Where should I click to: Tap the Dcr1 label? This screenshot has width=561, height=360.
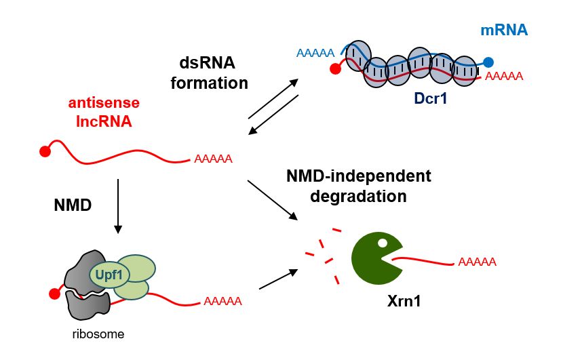click(433, 99)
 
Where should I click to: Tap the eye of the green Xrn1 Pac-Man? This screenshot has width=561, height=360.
click(383, 242)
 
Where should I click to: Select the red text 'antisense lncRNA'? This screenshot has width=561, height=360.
click(104, 113)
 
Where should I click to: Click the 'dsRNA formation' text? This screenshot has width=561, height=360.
click(205, 73)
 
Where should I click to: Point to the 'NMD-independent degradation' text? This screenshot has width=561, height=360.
click(358, 186)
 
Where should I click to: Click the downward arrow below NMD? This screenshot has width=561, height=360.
click(119, 206)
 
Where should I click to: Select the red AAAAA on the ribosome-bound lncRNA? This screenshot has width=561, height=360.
click(223, 300)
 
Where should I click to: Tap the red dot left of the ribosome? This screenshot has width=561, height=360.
click(55, 294)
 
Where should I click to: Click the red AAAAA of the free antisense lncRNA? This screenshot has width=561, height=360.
click(213, 160)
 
